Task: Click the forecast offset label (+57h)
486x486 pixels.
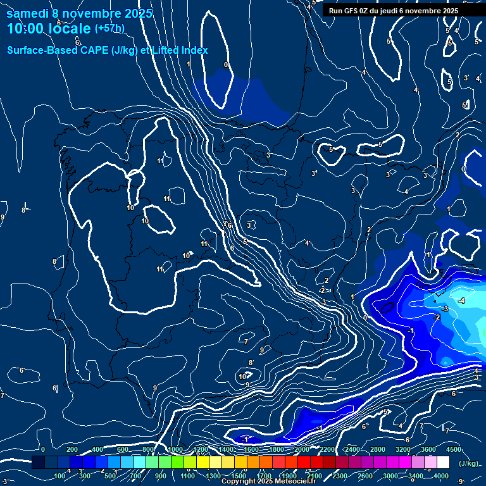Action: tap(109, 28)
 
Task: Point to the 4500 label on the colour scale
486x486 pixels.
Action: tap(453, 449)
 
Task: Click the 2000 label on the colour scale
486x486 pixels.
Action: tap(301, 449)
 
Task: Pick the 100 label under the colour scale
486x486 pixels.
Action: tap(60, 476)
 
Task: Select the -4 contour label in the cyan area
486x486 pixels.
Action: tap(462, 301)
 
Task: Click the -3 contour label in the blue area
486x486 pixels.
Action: tap(445, 309)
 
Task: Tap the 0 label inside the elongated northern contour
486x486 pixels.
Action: tap(226, 65)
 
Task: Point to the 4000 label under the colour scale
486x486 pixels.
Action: tap(441, 476)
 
